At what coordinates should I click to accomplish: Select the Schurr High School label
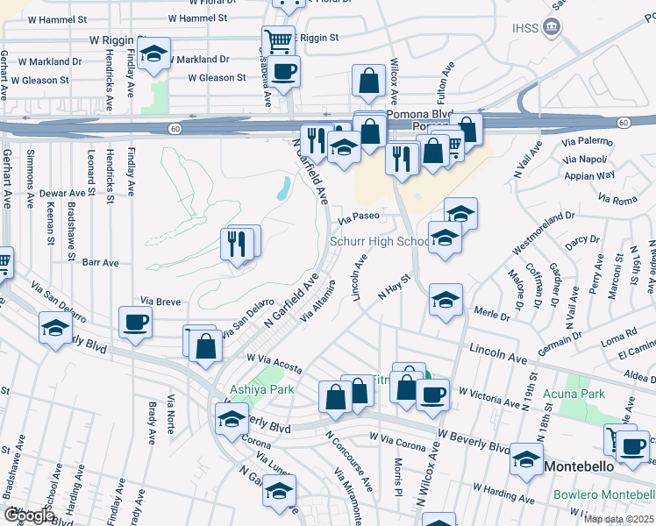[x=379, y=242]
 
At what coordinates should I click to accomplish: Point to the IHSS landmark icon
[x=553, y=26]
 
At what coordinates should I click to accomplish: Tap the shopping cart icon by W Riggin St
[x=278, y=40]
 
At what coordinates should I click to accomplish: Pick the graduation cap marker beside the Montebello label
[x=526, y=458]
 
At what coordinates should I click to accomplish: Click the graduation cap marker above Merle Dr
[x=446, y=301]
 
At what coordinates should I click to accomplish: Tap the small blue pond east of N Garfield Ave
[x=283, y=188]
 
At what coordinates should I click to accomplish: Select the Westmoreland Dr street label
[x=539, y=224]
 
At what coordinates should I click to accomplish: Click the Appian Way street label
[x=594, y=174]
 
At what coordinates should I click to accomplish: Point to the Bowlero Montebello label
[x=604, y=495]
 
